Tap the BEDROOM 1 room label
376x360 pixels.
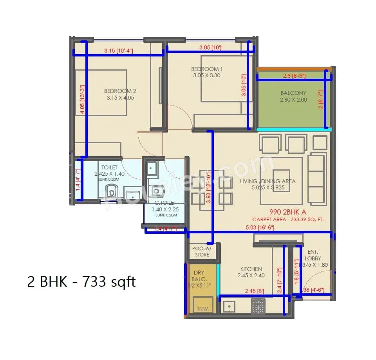[207, 69]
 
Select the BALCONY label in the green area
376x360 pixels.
[293, 93]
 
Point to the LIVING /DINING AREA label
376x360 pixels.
[268, 181]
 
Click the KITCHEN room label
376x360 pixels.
[251, 269]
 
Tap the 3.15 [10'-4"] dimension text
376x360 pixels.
[119, 51]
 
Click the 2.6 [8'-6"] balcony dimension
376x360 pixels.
[294, 76]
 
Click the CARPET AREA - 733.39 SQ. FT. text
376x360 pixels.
[288, 220]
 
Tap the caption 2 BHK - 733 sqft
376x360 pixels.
[81, 282]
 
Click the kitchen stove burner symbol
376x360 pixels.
[258, 305]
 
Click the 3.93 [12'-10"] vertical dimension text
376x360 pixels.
[209, 184]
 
